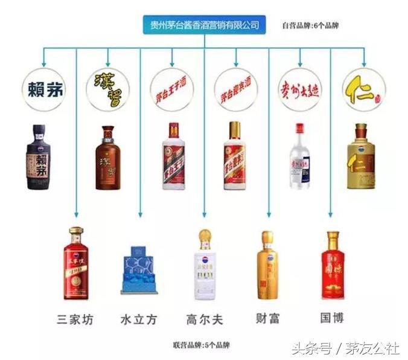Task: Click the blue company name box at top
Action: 205,25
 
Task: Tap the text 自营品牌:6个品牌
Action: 311,25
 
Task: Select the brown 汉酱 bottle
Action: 108,158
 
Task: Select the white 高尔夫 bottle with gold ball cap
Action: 205,265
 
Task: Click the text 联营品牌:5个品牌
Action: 205,345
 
